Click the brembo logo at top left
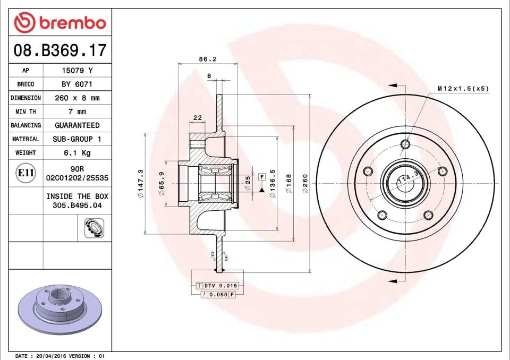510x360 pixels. coord(60,23)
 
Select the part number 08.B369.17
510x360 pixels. coord(60,51)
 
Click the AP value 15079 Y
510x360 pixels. coord(77,71)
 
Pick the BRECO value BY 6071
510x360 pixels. coord(77,84)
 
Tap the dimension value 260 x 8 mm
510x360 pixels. coord(77,98)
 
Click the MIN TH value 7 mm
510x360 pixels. coord(77,112)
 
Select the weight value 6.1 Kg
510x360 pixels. coord(77,153)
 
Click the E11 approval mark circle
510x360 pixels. coord(25,173)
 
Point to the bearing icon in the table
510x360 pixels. coord(94,228)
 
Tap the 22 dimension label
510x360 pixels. coord(197,117)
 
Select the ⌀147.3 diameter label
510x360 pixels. coord(140,184)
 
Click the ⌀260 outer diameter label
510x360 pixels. coord(305,184)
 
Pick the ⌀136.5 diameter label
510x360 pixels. coord(272,184)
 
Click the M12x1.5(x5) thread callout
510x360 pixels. coord(463,89)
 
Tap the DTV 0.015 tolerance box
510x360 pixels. coord(217,286)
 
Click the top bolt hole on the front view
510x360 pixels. coord(405,143)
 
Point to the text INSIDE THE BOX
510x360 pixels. coord(77,196)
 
